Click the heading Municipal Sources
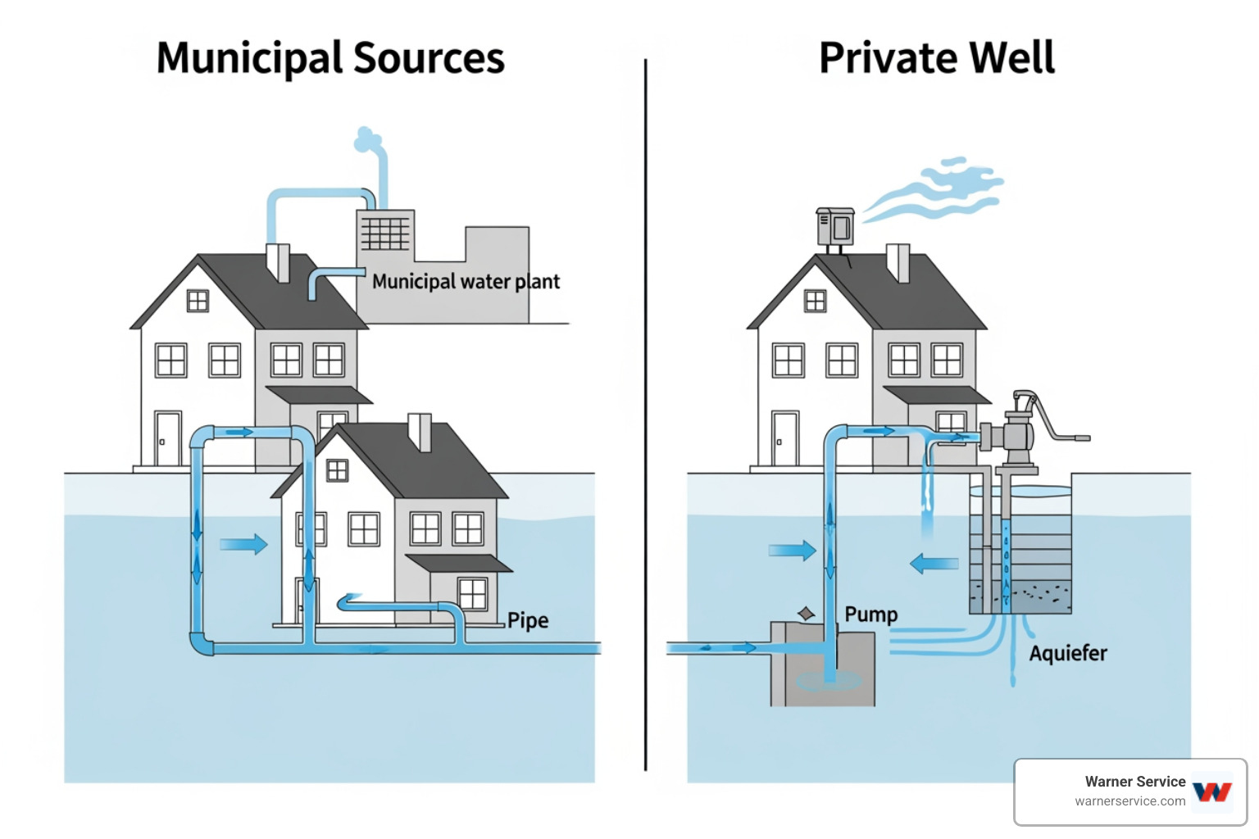[x=330, y=58]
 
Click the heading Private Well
[x=937, y=58]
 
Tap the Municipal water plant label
[x=466, y=282]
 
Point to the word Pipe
[x=528, y=620]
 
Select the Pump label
[x=870, y=615]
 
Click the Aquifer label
[x=1067, y=653]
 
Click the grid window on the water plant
[x=385, y=233]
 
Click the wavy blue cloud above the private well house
[x=943, y=190]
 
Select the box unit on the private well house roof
[x=835, y=226]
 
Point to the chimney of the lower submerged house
[x=420, y=431]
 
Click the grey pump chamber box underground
[x=822, y=664]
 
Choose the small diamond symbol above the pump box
[x=807, y=614]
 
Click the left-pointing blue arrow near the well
[x=934, y=564]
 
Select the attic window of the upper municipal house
[x=198, y=301]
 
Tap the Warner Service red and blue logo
[x=1211, y=791]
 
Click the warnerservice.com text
[x=1129, y=801]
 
